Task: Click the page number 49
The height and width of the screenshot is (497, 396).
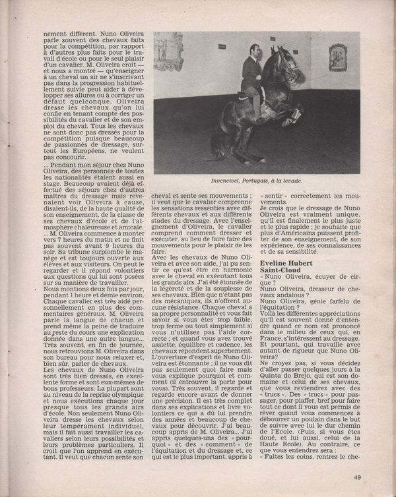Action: (x=356, y=478)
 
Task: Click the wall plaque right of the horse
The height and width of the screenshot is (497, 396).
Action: (x=338, y=58)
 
